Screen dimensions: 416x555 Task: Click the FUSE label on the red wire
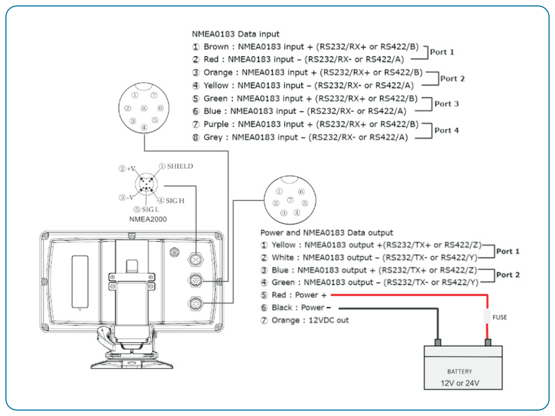(499, 317)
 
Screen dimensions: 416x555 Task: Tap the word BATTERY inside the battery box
(459, 372)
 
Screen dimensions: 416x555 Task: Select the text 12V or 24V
(459, 383)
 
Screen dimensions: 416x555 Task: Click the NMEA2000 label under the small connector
(148, 219)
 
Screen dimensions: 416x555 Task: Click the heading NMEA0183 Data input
(236, 34)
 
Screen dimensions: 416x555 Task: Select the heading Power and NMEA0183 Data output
(327, 232)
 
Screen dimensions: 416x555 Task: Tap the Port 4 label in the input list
(447, 131)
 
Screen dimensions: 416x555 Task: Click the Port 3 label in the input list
(447, 104)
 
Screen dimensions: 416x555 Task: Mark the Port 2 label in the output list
(508, 275)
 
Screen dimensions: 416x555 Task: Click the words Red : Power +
(299, 295)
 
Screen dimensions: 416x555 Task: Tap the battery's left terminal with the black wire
(438, 343)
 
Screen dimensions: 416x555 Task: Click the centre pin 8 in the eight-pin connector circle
(144, 108)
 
